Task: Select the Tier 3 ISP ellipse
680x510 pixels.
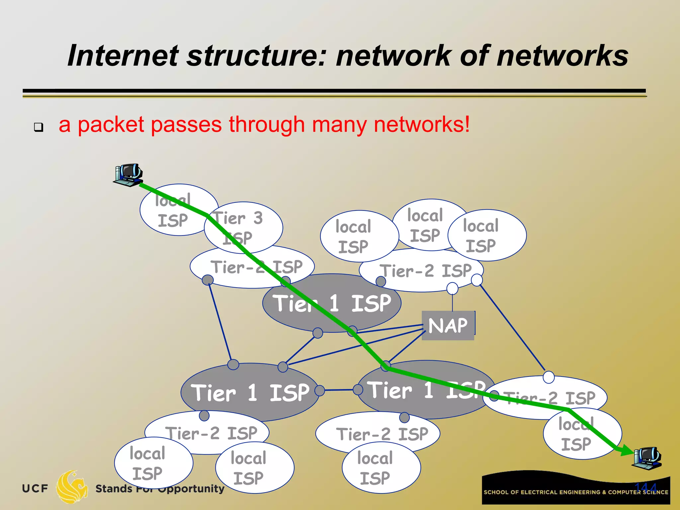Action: click(243, 227)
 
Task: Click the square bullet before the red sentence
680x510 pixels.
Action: click(39, 127)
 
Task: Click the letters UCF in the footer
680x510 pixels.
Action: click(35, 488)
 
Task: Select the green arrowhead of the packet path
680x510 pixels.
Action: click(626, 451)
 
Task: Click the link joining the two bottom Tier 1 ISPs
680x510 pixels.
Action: click(339, 390)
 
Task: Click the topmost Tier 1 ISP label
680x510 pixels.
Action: click(332, 303)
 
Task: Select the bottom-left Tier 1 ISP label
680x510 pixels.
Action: click(250, 393)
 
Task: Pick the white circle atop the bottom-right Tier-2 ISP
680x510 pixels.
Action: click(549, 377)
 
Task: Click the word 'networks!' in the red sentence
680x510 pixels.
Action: click(422, 125)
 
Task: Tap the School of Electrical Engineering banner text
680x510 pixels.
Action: click(576, 492)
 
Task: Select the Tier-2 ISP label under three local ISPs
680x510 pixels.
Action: click(426, 271)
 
